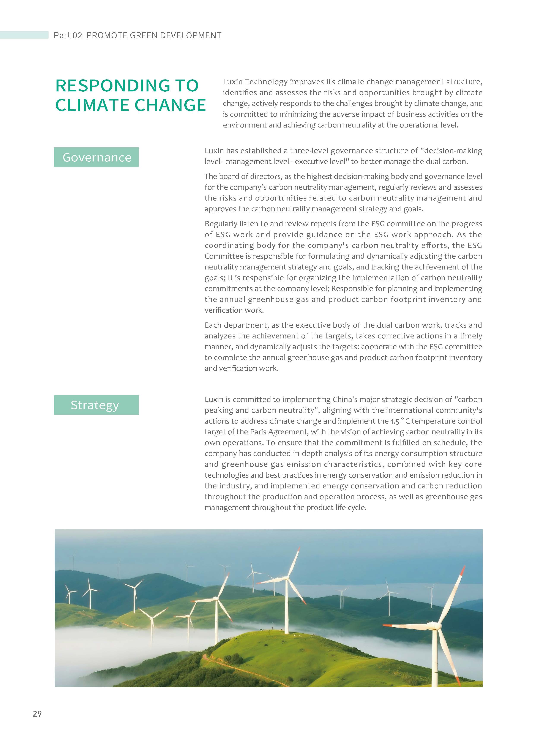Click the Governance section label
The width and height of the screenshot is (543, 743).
(97, 157)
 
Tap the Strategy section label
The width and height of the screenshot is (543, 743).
(95, 405)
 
